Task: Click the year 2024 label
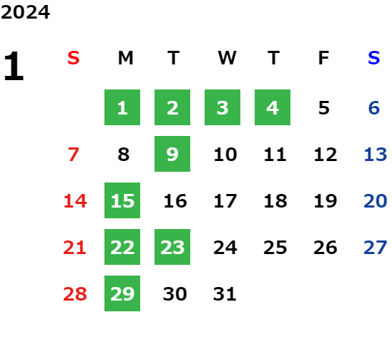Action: click(25, 12)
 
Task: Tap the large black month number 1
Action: click(14, 66)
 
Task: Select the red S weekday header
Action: click(74, 58)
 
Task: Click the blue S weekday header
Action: click(373, 58)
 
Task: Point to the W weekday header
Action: click(227, 58)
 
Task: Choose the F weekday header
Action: click(323, 58)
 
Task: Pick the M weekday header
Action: click(125, 58)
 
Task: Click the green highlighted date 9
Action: click(172, 154)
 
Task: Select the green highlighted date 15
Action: click(122, 200)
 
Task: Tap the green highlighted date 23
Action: click(172, 247)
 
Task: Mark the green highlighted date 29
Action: click(122, 293)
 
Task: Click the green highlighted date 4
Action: click(273, 107)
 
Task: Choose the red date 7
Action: click(74, 155)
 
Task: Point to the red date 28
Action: click(74, 294)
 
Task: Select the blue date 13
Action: click(376, 155)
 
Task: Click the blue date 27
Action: click(376, 248)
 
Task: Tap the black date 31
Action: click(225, 294)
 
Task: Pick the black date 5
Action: click(324, 108)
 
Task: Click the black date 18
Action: click(275, 201)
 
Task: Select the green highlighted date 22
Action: click(122, 247)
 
